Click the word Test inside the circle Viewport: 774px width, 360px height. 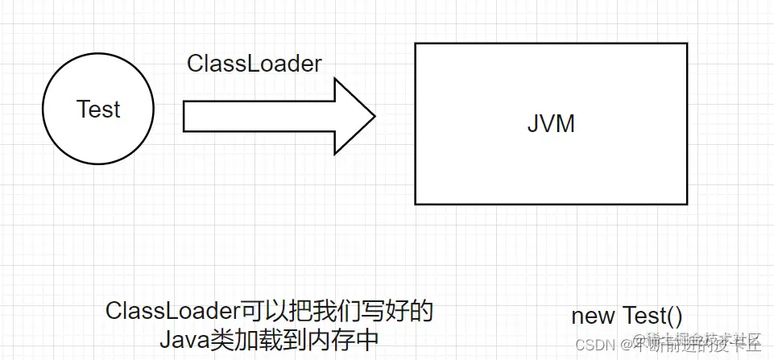point(98,110)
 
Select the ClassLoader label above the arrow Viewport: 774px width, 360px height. point(254,64)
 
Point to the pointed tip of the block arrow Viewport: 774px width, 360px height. point(375,117)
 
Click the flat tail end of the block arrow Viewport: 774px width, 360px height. point(184,117)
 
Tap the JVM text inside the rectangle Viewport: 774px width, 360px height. point(551,124)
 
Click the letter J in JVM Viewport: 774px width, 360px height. point(533,124)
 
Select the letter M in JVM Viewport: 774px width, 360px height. point(567,124)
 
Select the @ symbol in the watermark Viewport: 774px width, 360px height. point(625,344)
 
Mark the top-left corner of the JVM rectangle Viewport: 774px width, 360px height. point(415,43)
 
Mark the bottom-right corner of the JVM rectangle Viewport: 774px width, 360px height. point(687,205)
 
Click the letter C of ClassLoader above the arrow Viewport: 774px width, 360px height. point(195,64)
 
